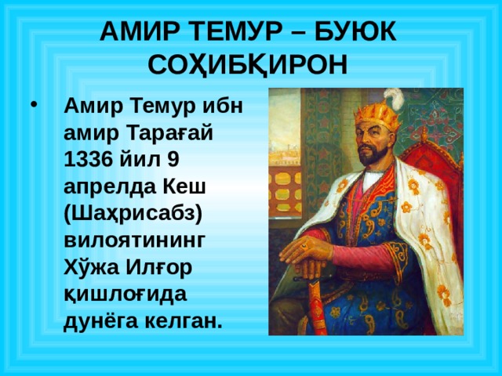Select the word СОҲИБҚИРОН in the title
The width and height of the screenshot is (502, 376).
pyautogui.click(x=250, y=63)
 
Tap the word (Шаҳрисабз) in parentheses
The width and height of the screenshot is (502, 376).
pyautogui.click(x=133, y=212)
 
